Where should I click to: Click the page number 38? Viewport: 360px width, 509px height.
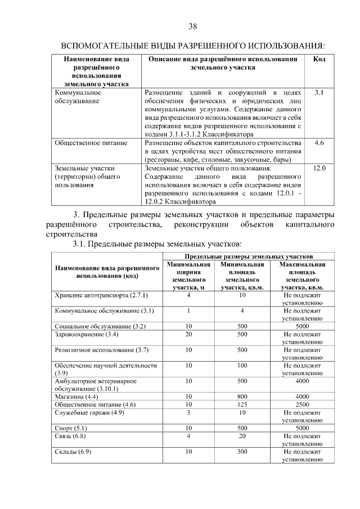click(x=192, y=26)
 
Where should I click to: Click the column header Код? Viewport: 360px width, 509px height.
click(x=319, y=59)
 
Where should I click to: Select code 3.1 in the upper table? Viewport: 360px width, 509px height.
click(x=319, y=92)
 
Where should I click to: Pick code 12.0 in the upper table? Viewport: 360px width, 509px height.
click(x=319, y=168)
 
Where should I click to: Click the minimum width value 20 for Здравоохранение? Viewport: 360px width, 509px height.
click(x=189, y=334)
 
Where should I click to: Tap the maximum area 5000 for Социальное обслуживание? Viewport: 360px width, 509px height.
click(x=302, y=326)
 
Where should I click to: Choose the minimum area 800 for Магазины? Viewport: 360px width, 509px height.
click(x=242, y=397)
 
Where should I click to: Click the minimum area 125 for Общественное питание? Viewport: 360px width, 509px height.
click(x=242, y=404)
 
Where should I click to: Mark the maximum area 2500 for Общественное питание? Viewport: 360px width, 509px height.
click(x=302, y=404)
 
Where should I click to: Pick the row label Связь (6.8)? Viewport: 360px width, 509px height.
click(x=70, y=436)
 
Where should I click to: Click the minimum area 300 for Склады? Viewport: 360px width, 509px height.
click(x=242, y=452)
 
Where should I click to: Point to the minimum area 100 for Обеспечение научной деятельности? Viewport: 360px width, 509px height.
click(x=242, y=366)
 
